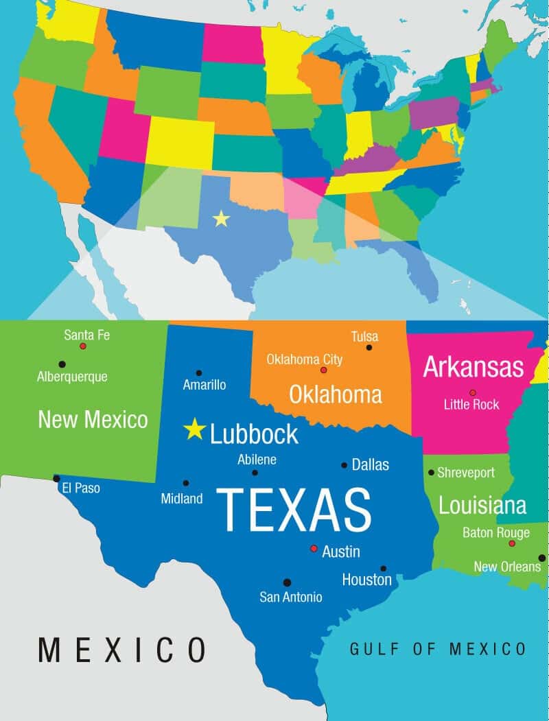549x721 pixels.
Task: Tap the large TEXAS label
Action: pyautogui.click(x=294, y=510)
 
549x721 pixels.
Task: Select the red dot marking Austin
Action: pyautogui.click(x=314, y=549)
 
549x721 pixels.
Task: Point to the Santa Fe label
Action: pyautogui.click(x=86, y=335)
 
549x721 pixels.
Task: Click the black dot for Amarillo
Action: pyautogui.click(x=199, y=373)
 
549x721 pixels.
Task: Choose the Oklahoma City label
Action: pyautogui.click(x=304, y=359)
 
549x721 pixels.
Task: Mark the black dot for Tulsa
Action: pyautogui.click(x=369, y=348)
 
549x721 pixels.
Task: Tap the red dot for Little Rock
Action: pyautogui.click(x=472, y=392)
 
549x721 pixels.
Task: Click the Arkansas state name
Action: pyautogui.click(x=473, y=367)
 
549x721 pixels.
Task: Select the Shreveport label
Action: pyautogui.click(x=466, y=473)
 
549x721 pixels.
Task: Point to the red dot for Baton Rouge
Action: pyautogui.click(x=511, y=543)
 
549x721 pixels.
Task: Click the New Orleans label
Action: pyautogui.click(x=507, y=567)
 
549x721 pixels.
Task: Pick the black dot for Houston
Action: pyautogui.click(x=383, y=568)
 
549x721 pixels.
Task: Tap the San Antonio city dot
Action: pyautogui.click(x=287, y=582)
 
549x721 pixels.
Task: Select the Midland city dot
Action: pyautogui.click(x=186, y=483)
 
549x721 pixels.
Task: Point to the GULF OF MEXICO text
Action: pyautogui.click(x=438, y=648)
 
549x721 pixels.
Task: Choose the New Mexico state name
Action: pyautogui.click(x=93, y=419)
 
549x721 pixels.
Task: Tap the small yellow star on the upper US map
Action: pyautogui.click(x=221, y=218)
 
